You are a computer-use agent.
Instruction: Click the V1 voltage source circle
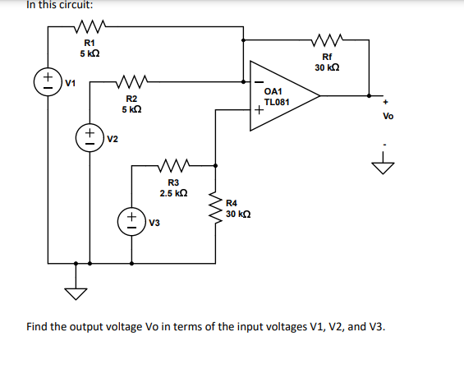click(x=48, y=81)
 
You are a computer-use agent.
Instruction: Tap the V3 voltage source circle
click(x=131, y=221)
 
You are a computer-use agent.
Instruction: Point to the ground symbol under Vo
click(x=382, y=168)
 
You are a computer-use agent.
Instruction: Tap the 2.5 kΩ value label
click(x=174, y=193)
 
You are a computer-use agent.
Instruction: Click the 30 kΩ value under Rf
click(x=327, y=67)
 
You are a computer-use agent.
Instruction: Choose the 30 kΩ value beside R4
click(x=238, y=214)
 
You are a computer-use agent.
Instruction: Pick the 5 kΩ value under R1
click(x=90, y=53)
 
